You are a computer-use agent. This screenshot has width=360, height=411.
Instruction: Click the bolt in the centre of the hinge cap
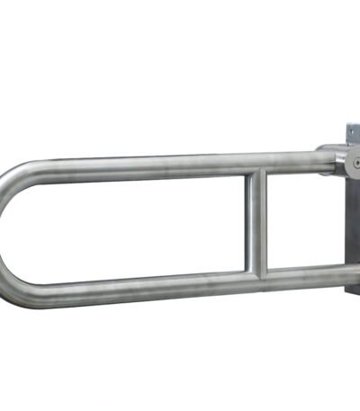[355, 163]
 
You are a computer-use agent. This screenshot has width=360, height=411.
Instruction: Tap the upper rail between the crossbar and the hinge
[292, 162]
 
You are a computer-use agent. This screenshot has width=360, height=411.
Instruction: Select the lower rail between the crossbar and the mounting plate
[301, 273]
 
